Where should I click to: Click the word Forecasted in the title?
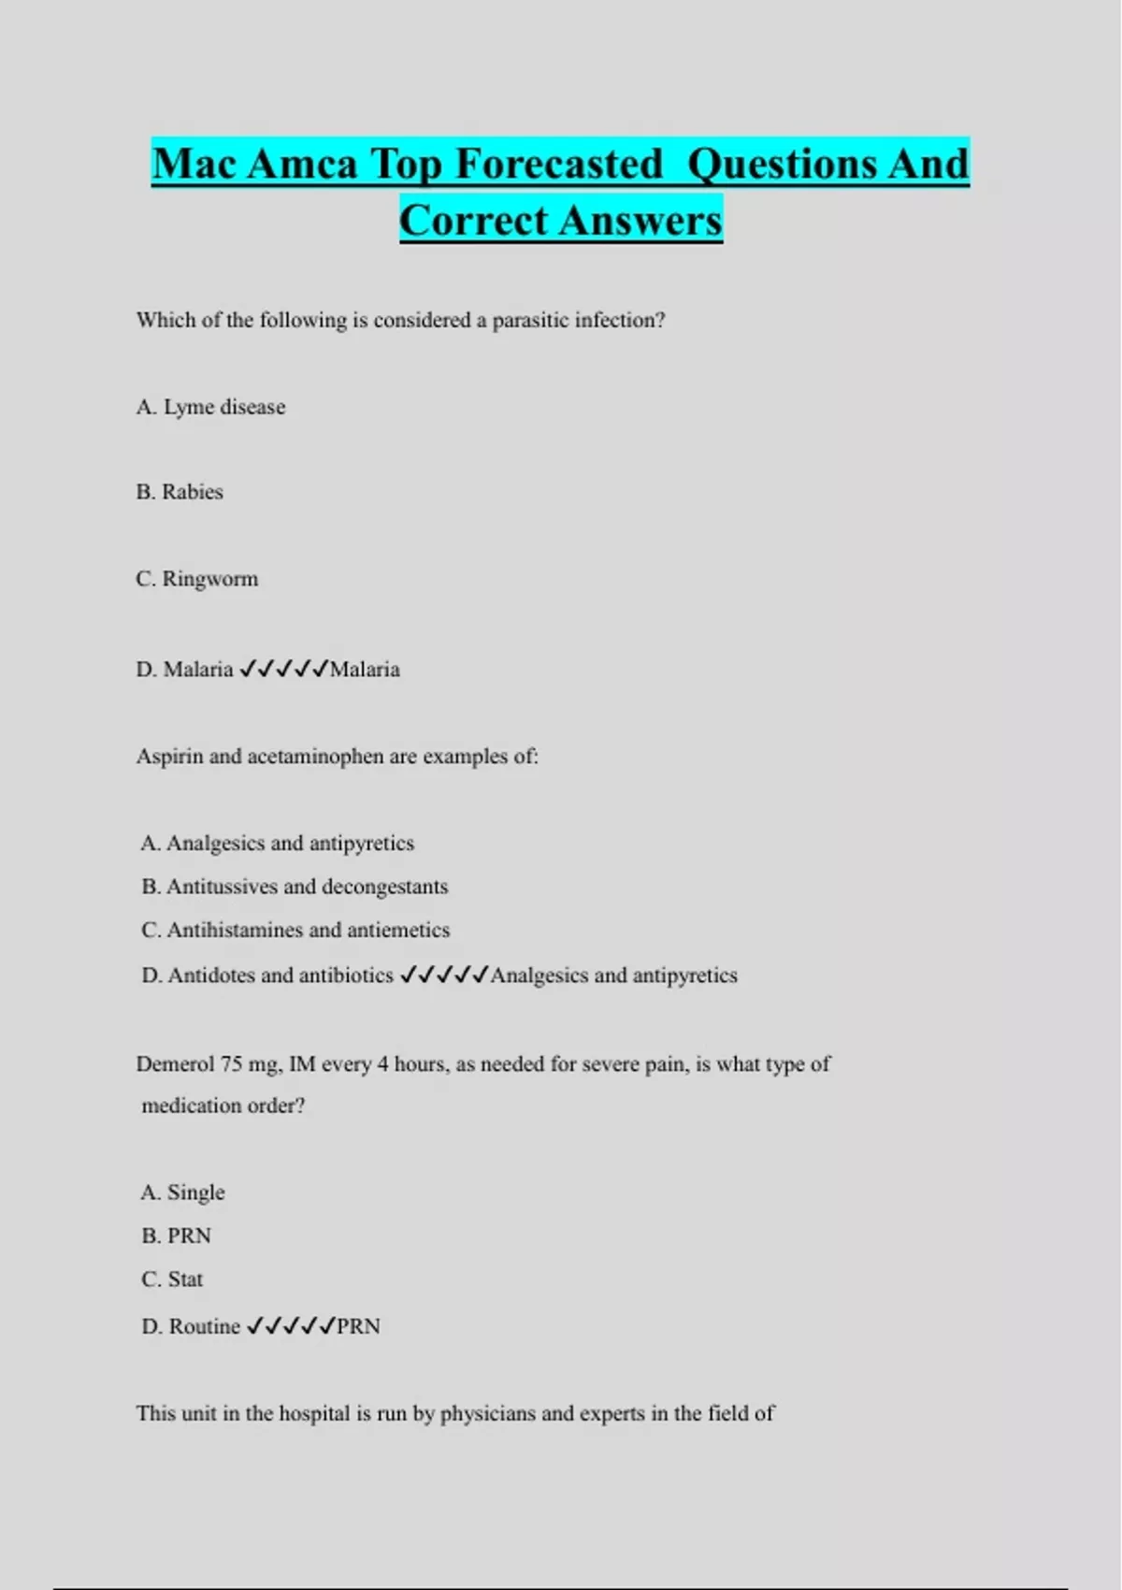tap(559, 165)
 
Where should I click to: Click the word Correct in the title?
tap(473, 221)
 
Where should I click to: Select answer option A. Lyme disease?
tap(210, 407)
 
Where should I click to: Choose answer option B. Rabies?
tap(180, 492)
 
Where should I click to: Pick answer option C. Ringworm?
tap(196, 579)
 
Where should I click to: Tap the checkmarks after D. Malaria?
tap(283, 669)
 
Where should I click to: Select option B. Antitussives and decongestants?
tap(295, 887)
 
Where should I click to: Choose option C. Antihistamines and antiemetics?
tap(295, 930)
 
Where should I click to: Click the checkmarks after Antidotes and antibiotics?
tap(443, 976)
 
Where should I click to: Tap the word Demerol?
tap(175, 1064)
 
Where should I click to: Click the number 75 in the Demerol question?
tap(231, 1064)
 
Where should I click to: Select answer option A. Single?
tap(183, 1192)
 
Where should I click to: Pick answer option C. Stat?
tap(172, 1279)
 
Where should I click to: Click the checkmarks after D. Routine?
tap(290, 1326)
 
